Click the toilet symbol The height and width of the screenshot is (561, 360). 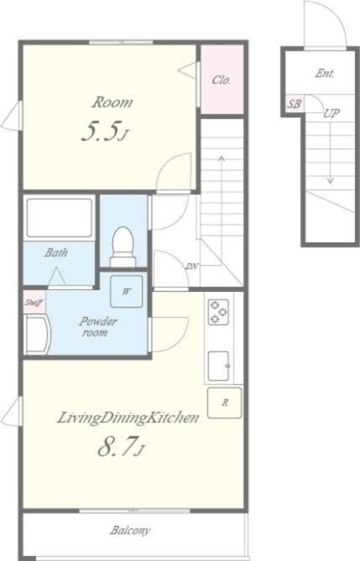pyautogui.click(x=124, y=247)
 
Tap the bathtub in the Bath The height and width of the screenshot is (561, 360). pyautogui.click(x=60, y=217)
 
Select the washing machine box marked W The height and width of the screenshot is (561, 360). pyautogui.click(x=126, y=292)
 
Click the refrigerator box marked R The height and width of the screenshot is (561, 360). pyautogui.click(x=225, y=403)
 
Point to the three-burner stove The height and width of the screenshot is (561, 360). pyautogui.click(x=218, y=312)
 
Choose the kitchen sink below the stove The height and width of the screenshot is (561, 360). pyautogui.click(x=219, y=365)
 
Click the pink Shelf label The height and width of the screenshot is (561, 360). pyautogui.click(x=34, y=302)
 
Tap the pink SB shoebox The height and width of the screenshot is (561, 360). pyautogui.click(x=295, y=104)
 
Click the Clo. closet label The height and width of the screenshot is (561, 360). pyautogui.click(x=221, y=80)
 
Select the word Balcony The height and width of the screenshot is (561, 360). pyautogui.click(x=130, y=530)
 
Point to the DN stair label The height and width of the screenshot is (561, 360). pyautogui.click(x=192, y=266)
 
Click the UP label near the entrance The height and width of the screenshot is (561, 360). pyautogui.click(x=331, y=113)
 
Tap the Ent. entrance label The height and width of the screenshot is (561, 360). pyautogui.click(x=324, y=74)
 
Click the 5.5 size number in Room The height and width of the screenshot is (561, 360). pyautogui.click(x=100, y=131)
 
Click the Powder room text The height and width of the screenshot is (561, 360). pyautogui.click(x=98, y=327)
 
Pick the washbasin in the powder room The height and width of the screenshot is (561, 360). pyautogui.click(x=38, y=334)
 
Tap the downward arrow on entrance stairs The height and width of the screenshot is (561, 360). pyautogui.click(x=331, y=151)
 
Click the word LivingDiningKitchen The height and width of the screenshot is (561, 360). pyautogui.click(x=128, y=417)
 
